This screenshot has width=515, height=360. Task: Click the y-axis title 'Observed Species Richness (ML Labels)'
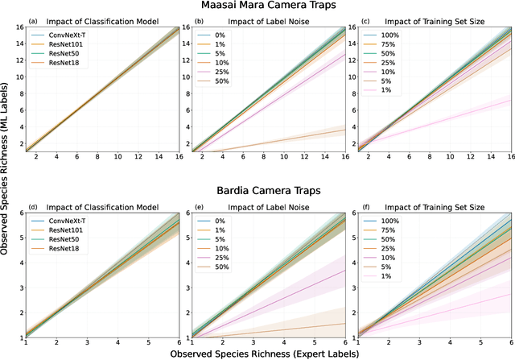click(x=6, y=180)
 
